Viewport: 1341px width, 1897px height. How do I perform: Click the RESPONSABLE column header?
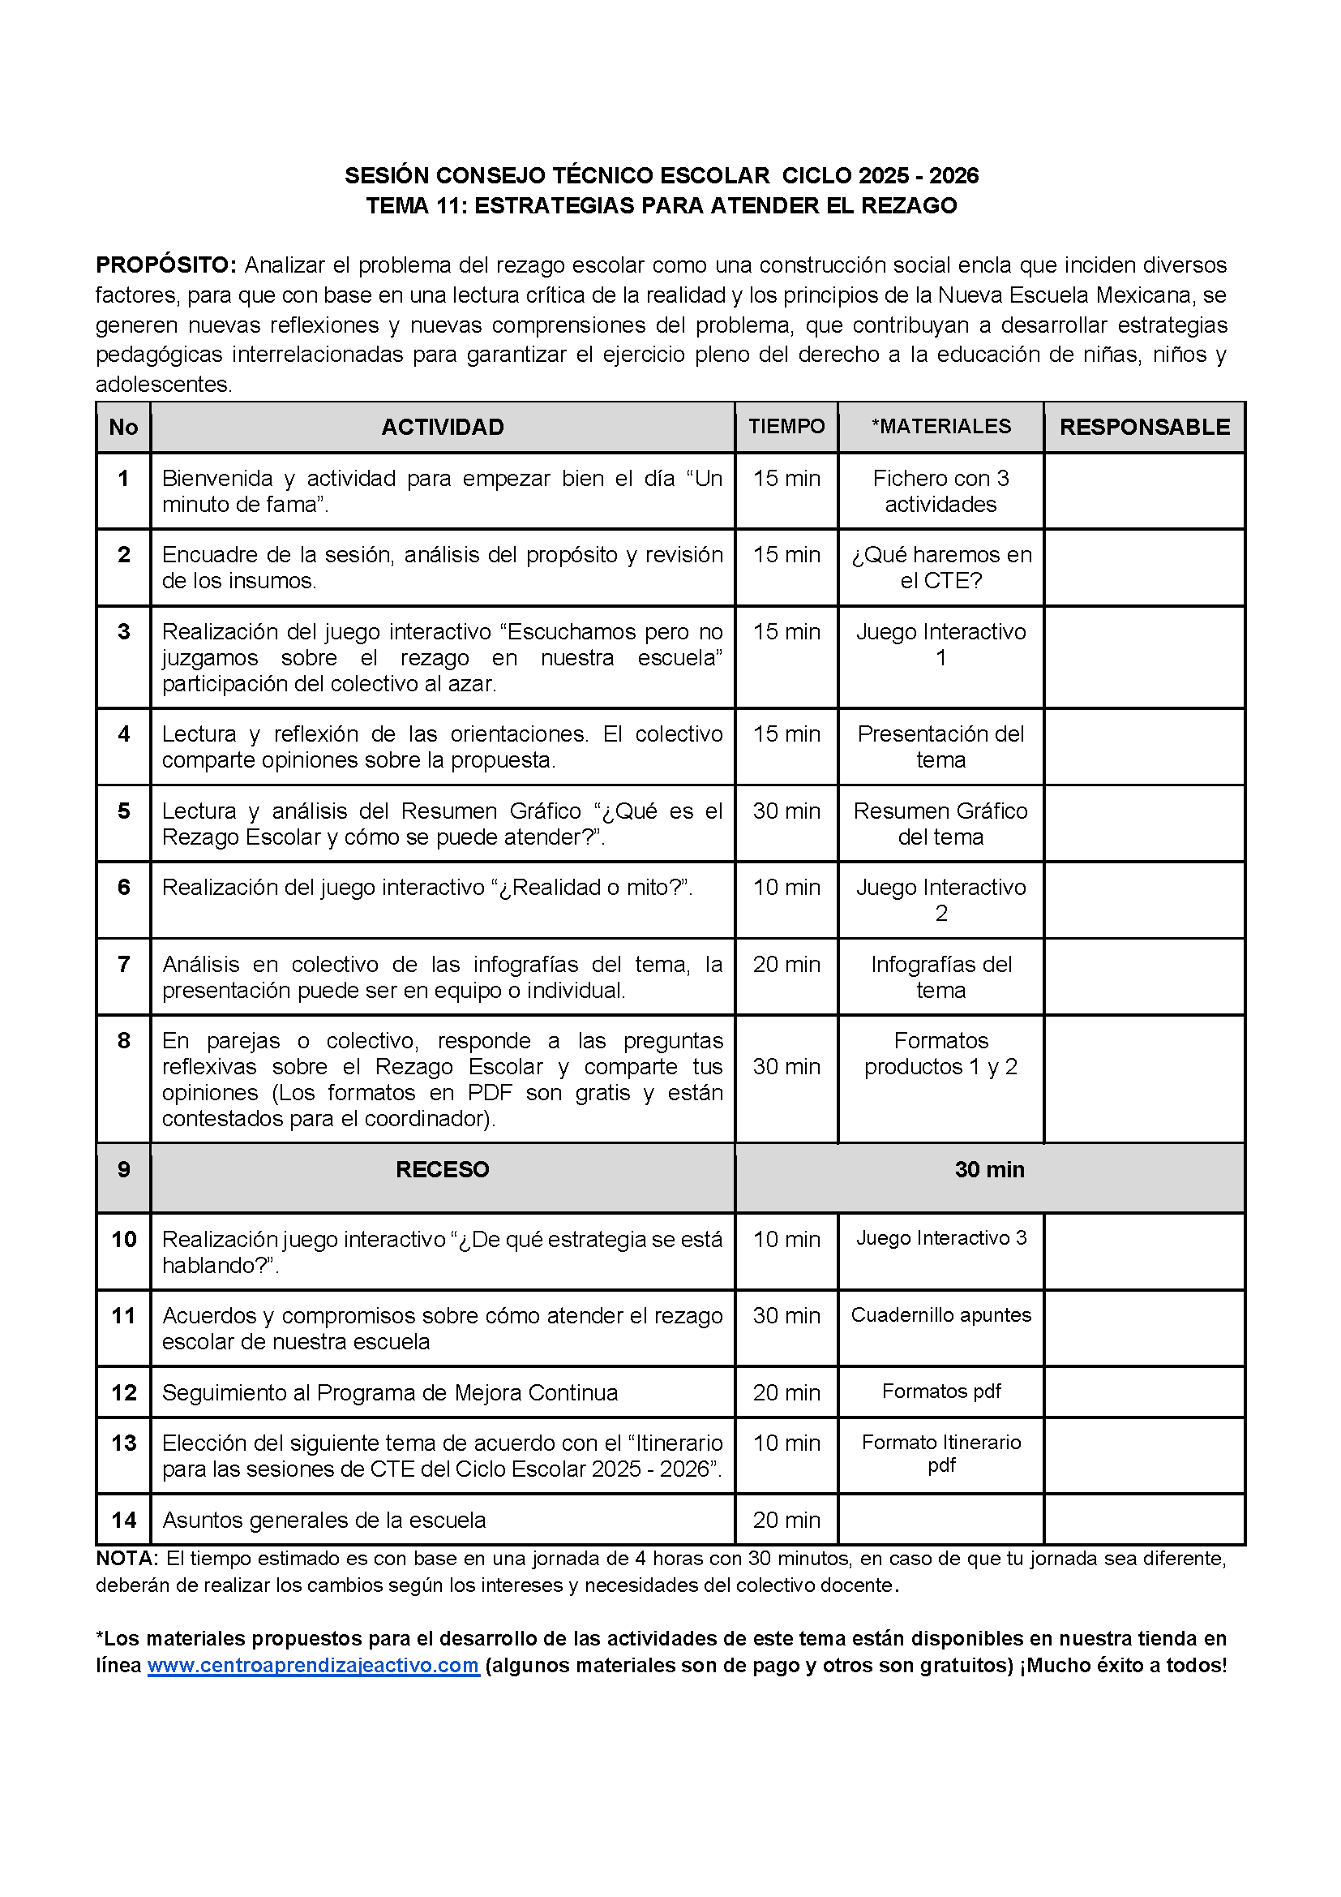click(x=1145, y=427)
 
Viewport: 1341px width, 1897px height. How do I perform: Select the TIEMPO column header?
click(x=786, y=426)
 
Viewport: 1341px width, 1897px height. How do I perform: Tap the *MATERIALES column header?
click(x=940, y=426)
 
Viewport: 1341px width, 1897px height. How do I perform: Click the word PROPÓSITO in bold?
click(x=166, y=265)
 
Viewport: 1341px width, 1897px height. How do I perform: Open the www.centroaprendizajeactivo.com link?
click(x=313, y=1666)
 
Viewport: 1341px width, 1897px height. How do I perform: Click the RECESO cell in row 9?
click(x=443, y=1170)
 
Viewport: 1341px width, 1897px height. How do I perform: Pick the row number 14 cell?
click(x=124, y=1521)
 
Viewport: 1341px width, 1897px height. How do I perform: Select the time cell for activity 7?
click(x=786, y=964)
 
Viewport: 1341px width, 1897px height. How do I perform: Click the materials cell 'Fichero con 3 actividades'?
click(x=940, y=492)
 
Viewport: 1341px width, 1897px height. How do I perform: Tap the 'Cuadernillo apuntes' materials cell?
click(x=940, y=1315)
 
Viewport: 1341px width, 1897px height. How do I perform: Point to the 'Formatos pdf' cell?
click(x=940, y=1392)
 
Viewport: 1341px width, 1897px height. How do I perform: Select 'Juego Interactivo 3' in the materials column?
click(x=940, y=1238)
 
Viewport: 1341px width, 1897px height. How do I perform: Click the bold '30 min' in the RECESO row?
click(x=989, y=1170)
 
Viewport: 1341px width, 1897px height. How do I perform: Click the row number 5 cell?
click(x=124, y=811)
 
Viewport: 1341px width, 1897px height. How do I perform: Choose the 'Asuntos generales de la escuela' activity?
click(x=323, y=1521)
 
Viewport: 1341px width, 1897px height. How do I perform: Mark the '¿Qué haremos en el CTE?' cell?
click(x=940, y=568)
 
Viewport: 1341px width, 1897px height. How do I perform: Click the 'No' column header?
click(x=124, y=427)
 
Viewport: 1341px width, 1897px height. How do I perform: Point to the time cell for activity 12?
click(x=786, y=1393)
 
